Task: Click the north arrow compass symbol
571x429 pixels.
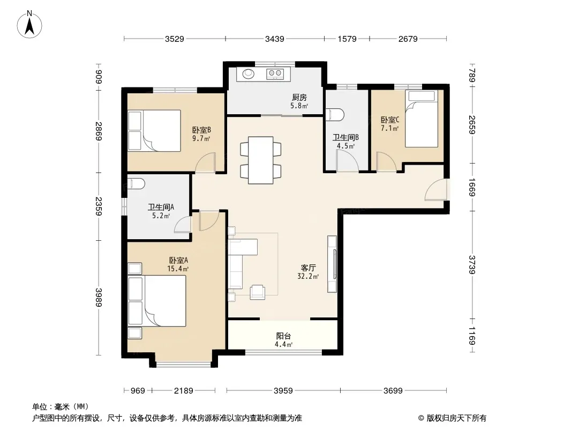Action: coord(29,25)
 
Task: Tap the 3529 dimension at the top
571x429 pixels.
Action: coord(175,39)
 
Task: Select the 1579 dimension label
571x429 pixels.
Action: coord(347,39)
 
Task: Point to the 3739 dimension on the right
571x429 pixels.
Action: coord(472,264)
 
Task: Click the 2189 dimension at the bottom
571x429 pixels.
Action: coord(184,391)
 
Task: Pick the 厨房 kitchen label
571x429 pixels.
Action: coord(299,97)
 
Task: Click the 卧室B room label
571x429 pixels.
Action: coord(202,130)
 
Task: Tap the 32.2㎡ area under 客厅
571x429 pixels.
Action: coord(308,277)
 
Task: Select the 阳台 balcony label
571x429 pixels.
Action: coord(283,336)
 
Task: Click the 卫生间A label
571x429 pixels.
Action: coord(161,207)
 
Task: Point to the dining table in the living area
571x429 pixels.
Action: coord(261,160)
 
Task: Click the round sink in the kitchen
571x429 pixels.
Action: coord(249,74)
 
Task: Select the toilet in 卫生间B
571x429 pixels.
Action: coord(335,114)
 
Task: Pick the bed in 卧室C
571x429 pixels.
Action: coord(422,119)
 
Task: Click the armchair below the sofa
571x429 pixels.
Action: coord(258,292)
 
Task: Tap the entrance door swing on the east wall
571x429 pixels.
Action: coord(435,189)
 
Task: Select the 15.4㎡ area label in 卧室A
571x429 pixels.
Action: coord(178,269)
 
